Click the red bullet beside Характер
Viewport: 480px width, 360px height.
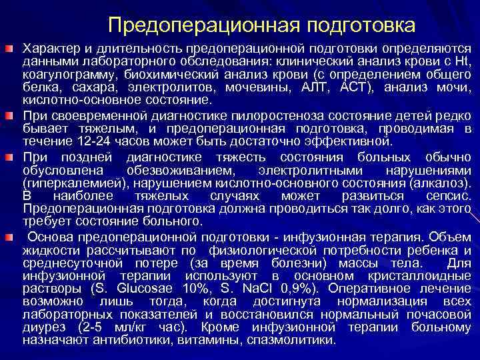pos(10,50)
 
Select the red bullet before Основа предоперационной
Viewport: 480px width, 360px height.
pos(10,237)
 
